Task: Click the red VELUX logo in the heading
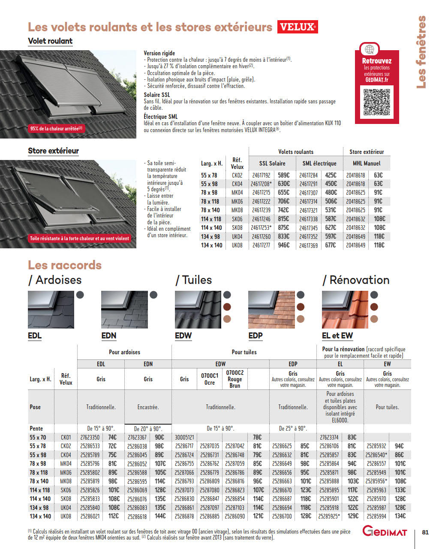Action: click(x=298, y=27)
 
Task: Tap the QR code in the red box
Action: click(x=377, y=102)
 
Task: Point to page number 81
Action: click(x=425, y=532)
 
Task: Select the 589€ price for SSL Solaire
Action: click(x=284, y=175)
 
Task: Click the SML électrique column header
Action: click(x=319, y=163)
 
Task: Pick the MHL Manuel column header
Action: click(x=367, y=163)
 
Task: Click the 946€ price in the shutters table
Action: click(x=284, y=245)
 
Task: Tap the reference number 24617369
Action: click(x=309, y=245)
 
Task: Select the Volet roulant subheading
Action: click(x=50, y=41)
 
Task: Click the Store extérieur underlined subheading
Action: click(x=53, y=151)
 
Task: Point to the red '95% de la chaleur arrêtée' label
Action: click(x=56, y=128)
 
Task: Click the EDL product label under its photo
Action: click(x=35, y=335)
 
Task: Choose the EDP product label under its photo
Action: click(x=256, y=335)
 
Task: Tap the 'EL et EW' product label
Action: click(x=337, y=335)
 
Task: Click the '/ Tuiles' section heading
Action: click(x=194, y=280)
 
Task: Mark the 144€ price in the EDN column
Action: click(x=160, y=516)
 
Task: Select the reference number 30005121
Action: click(x=184, y=437)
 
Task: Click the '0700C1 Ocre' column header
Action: click(x=210, y=379)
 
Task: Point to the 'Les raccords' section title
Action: click(x=65, y=265)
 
